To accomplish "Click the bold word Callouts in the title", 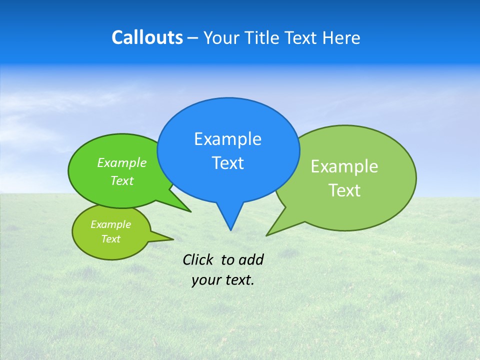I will pyautogui.click(x=147, y=37).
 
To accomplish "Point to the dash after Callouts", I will pyautogui.click(x=193, y=38).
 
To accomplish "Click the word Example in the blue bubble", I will pyautogui.click(x=227, y=139).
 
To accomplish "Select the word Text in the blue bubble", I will pyautogui.click(x=227, y=163).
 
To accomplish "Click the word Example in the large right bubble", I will pyautogui.click(x=344, y=166).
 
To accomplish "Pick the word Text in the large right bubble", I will pyautogui.click(x=344, y=190).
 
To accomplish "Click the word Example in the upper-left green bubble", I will pyautogui.click(x=121, y=163).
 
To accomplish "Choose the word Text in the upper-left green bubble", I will pyautogui.click(x=121, y=181).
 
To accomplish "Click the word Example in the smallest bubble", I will pyautogui.click(x=110, y=224).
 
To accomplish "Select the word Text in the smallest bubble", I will pyautogui.click(x=110, y=239).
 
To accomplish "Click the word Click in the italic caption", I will pyautogui.click(x=197, y=259).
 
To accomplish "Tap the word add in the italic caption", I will pyautogui.click(x=250, y=259).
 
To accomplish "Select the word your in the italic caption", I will pyautogui.click(x=205, y=280).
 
